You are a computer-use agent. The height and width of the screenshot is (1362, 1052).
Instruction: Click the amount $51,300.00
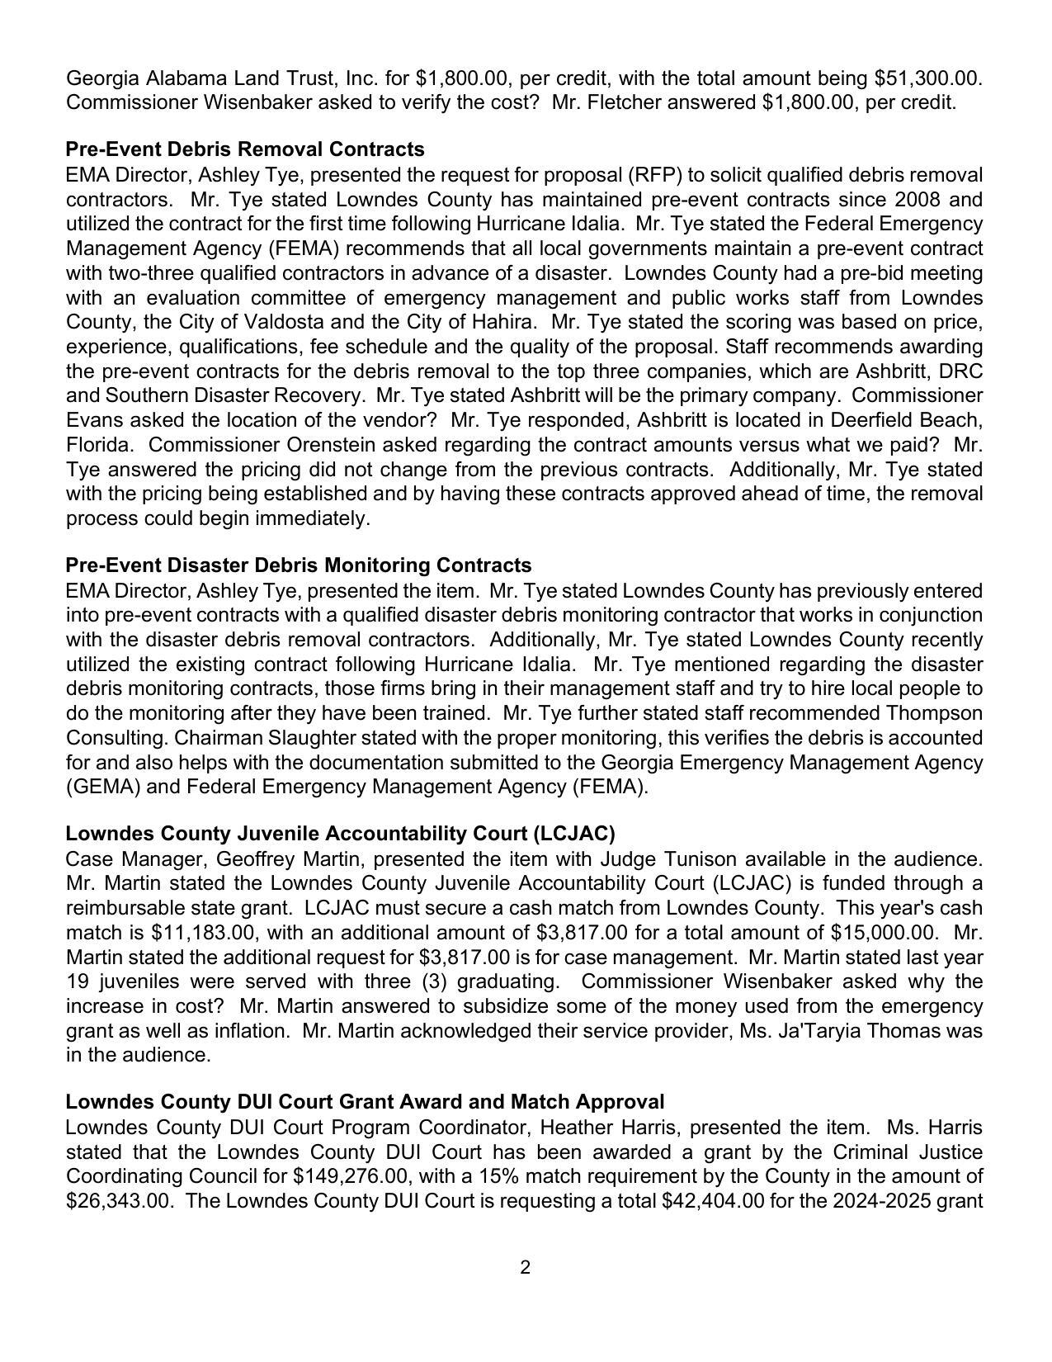(x=927, y=78)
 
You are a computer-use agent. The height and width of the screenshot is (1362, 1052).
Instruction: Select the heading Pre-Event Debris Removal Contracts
(x=245, y=149)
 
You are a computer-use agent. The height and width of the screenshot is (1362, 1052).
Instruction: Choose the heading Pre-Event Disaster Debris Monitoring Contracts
(x=299, y=565)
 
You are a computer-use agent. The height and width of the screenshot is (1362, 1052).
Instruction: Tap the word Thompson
(x=934, y=713)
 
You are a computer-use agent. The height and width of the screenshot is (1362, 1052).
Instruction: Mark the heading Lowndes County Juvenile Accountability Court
(x=340, y=833)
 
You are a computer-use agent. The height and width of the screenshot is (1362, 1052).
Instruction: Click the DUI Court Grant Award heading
(x=365, y=1102)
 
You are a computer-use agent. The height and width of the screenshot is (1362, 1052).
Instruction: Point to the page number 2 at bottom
(x=526, y=1267)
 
